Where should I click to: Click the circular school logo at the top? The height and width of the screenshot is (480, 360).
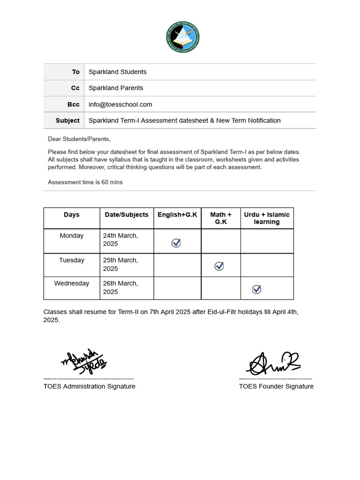tap(183, 37)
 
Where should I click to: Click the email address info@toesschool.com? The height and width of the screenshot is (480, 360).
tap(120, 105)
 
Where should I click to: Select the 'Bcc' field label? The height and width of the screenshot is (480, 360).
tap(74, 105)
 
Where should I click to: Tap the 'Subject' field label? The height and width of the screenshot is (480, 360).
tap(67, 120)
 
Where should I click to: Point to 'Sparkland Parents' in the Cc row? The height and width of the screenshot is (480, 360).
tap(116, 88)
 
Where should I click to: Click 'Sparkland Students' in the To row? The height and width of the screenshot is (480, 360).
tap(118, 72)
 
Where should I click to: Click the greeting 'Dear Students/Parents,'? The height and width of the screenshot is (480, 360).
tap(79, 139)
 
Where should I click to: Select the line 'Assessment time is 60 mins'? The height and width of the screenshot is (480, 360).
tap(85, 182)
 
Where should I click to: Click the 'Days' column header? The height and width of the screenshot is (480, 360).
tap(72, 215)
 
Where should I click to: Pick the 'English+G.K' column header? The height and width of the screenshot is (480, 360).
tap(177, 215)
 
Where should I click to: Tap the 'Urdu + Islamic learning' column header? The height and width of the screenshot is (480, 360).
tap(267, 218)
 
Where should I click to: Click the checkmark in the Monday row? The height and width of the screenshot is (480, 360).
tap(176, 243)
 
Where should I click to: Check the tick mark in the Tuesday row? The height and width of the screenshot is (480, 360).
tap(219, 266)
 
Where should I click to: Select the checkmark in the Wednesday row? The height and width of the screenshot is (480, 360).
tap(256, 289)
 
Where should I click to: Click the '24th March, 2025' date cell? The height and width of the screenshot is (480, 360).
tap(120, 240)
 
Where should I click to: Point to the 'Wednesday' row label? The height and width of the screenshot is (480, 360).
tap(72, 284)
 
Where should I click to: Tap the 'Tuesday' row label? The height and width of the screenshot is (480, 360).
tap(72, 260)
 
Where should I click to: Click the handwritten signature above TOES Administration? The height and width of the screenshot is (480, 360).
tap(84, 362)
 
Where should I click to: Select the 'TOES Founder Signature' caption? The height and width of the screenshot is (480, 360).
tap(276, 386)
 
